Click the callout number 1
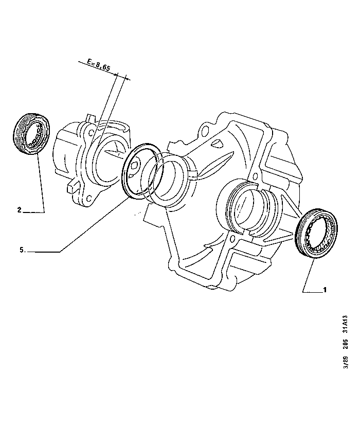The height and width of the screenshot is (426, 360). tap(325, 289)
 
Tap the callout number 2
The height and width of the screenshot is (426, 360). tap(19, 209)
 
